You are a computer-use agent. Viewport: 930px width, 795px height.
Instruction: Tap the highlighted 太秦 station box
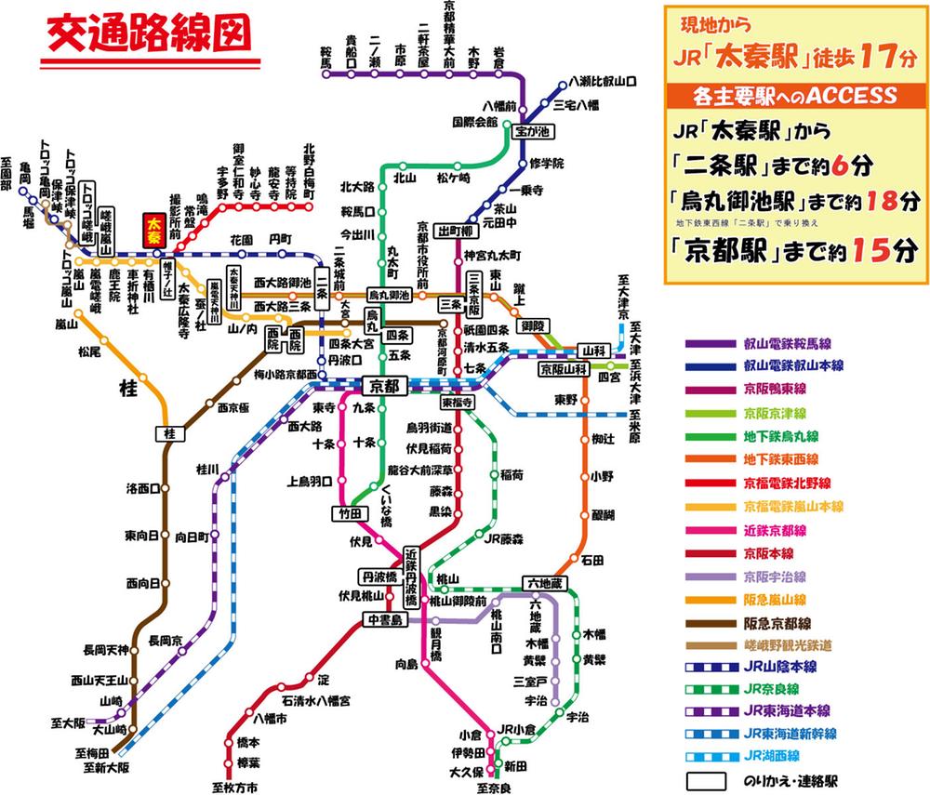tap(153, 232)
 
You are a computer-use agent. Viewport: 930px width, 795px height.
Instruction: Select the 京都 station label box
tap(385, 384)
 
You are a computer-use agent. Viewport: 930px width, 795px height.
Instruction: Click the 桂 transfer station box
tap(169, 433)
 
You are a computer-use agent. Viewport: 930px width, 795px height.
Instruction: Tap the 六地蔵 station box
tap(545, 582)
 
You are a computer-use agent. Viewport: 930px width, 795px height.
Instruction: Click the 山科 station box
tap(592, 350)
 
